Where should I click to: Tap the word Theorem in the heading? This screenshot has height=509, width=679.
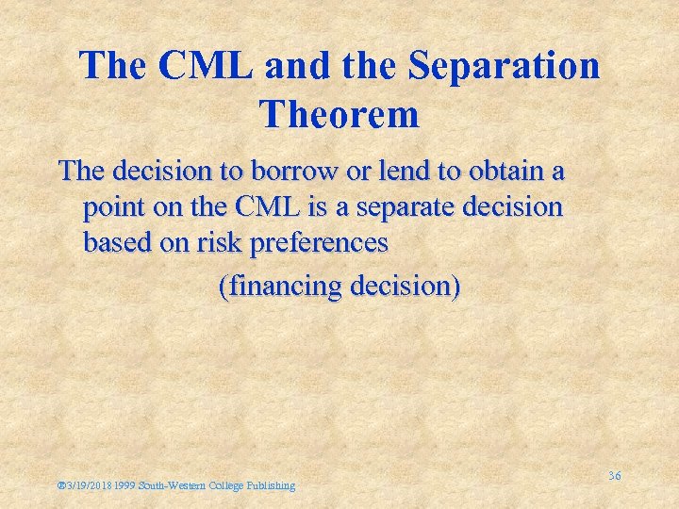pos(339,114)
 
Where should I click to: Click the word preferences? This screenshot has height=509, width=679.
pos(321,243)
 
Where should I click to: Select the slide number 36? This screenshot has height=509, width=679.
pos(614,476)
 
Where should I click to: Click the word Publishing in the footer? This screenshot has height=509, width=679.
pos(272,485)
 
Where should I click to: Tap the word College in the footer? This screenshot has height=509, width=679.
pos(229,485)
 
